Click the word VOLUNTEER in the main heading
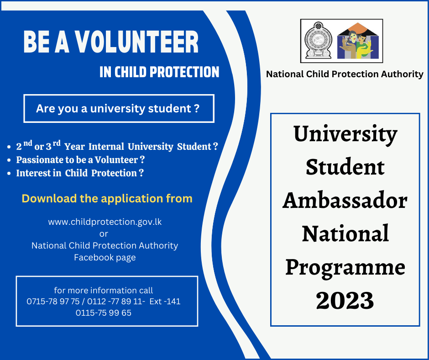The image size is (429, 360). (136, 42)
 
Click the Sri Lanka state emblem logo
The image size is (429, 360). (318, 41)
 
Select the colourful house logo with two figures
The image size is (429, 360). (358, 41)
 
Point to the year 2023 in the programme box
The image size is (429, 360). (345, 300)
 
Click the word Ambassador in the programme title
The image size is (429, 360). (345, 200)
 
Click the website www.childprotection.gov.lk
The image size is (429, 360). (105, 222)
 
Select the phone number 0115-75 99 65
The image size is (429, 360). (104, 312)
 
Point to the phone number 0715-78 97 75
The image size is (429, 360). (53, 302)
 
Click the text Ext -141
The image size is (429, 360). (165, 302)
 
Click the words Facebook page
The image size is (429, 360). (105, 258)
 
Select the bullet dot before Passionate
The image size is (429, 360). (9, 160)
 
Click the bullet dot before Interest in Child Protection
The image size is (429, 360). (9, 174)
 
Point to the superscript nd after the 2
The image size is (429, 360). (28, 143)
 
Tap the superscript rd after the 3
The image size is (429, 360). (57, 143)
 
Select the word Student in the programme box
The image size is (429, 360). (345, 167)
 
